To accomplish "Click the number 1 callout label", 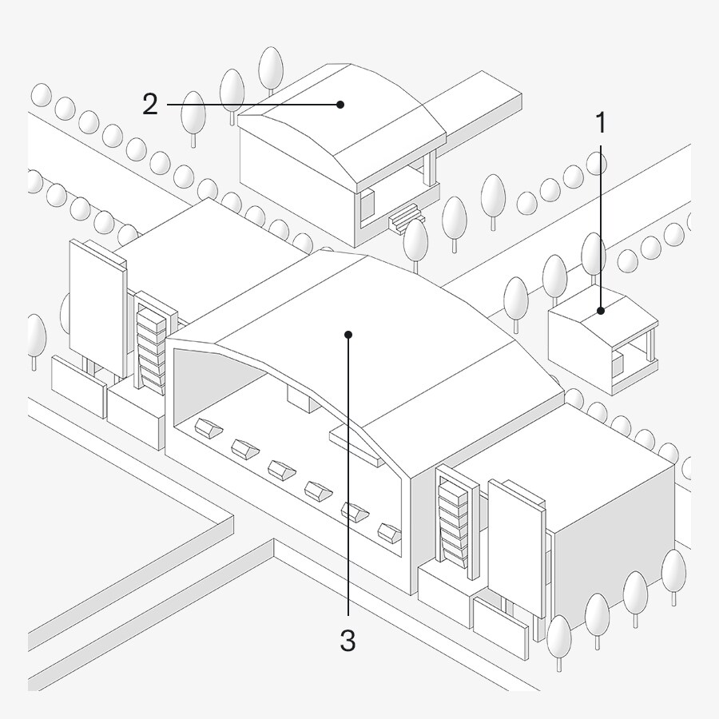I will (x=600, y=124).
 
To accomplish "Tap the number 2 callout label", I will (x=150, y=105).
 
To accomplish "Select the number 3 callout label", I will (x=348, y=640).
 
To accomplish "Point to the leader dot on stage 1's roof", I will (x=601, y=310).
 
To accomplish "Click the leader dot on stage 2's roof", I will (x=340, y=104).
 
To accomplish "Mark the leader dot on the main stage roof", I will (x=348, y=334).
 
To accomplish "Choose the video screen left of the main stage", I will (x=94, y=308).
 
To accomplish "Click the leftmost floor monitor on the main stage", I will (x=209, y=430).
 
